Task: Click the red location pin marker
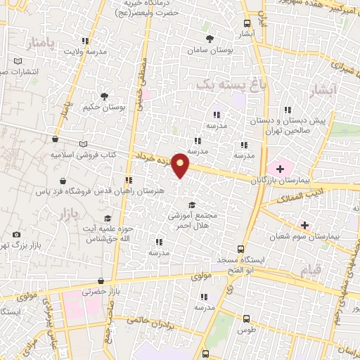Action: [x=181, y=165]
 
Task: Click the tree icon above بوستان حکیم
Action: [x=104, y=96]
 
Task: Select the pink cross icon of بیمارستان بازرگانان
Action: [x=281, y=168]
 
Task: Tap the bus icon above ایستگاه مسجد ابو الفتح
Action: [x=241, y=248]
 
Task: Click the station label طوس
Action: [x=245, y=330]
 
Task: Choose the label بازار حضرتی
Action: [x=97, y=290]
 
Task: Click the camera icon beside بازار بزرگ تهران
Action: [x=16, y=235]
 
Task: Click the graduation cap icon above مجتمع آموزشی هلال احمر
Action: [x=191, y=204]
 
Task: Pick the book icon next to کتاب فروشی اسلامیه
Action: [x=84, y=143]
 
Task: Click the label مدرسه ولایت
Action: [x=86, y=51]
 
